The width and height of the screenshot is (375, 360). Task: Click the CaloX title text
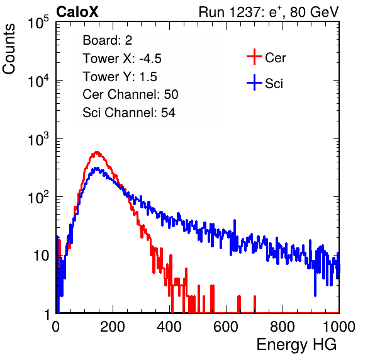77,12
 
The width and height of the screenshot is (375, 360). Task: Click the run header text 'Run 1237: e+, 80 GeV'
269,12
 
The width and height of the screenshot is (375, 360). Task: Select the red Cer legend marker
254,57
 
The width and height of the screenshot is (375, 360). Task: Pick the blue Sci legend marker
254,82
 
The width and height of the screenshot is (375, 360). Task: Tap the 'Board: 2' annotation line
108,40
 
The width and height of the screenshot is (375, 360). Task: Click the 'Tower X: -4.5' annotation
122,59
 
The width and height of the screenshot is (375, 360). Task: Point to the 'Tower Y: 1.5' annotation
120,77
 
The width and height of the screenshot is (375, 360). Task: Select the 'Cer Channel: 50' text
130,94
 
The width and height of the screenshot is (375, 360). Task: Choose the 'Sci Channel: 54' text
129,113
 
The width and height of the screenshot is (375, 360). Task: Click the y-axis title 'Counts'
9,49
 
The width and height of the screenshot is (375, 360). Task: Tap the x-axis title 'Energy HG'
296,345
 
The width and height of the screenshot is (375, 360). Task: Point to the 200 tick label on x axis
113,327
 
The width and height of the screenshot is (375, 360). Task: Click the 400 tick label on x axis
169,327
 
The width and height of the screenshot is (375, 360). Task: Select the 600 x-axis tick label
226,327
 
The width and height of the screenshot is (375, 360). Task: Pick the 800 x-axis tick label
283,327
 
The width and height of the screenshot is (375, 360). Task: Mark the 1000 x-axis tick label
339,327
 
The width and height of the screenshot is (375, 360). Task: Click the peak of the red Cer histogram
97,152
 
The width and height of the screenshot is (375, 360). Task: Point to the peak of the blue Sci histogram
97,168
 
